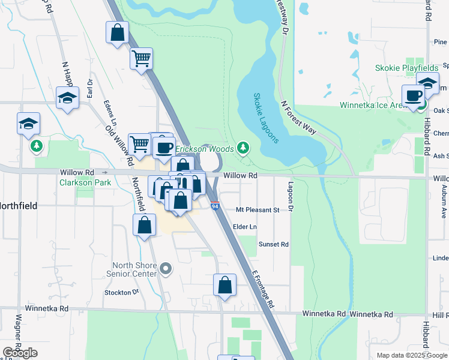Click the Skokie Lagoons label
point(265,118)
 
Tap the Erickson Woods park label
point(206,148)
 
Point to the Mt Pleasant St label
point(258,210)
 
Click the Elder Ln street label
point(245,227)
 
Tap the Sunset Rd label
point(273,244)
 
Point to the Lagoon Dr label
point(290,196)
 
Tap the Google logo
point(20,353)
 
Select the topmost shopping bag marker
point(118,32)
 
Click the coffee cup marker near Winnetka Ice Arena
point(413,96)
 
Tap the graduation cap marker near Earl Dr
point(67,97)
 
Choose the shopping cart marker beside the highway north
point(141,59)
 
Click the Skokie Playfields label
point(407,68)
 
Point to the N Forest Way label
point(298,113)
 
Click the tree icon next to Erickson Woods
point(243,147)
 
